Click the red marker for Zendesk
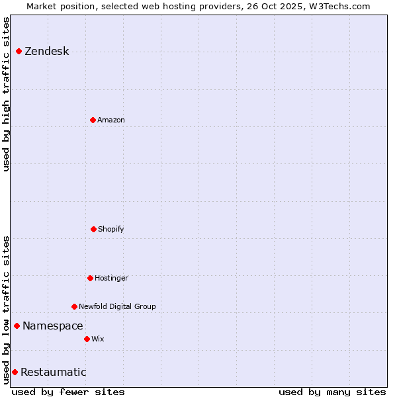[19, 52]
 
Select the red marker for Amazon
[93, 120]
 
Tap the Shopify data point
[93, 229]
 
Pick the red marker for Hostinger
[90, 278]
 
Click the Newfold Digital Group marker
[74, 306]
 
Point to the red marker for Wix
[87, 339]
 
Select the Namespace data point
[17, 326]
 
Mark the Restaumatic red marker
[15, 372]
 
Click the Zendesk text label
[46, 52]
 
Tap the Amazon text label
[111, 120]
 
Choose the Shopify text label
[111, 229]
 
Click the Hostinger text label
[111, 278]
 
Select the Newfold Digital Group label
[117, 306]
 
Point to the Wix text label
[98, 339]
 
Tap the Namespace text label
[52, 326]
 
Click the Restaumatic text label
[53, 372]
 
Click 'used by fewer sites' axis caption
[68, 392]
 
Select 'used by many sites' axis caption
[332, 392]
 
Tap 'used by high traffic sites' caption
[7, 94]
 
